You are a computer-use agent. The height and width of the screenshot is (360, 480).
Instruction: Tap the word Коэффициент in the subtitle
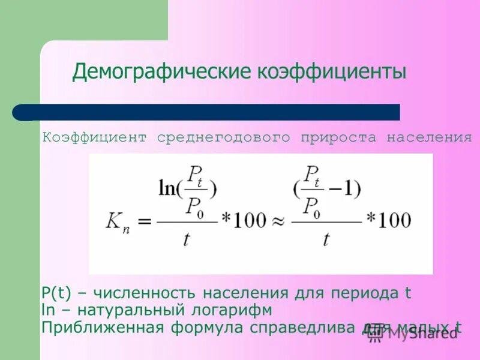click(94, 137)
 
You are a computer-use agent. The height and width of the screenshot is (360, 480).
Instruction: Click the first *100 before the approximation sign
click(243, 220)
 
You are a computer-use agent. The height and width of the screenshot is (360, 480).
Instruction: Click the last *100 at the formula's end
click(388, 220)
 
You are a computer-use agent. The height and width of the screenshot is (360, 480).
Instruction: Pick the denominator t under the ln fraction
click(188, 240)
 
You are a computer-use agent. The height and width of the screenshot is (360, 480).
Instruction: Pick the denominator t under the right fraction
click(326, 240)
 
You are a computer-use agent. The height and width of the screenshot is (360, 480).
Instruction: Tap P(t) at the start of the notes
click(56, 293)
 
